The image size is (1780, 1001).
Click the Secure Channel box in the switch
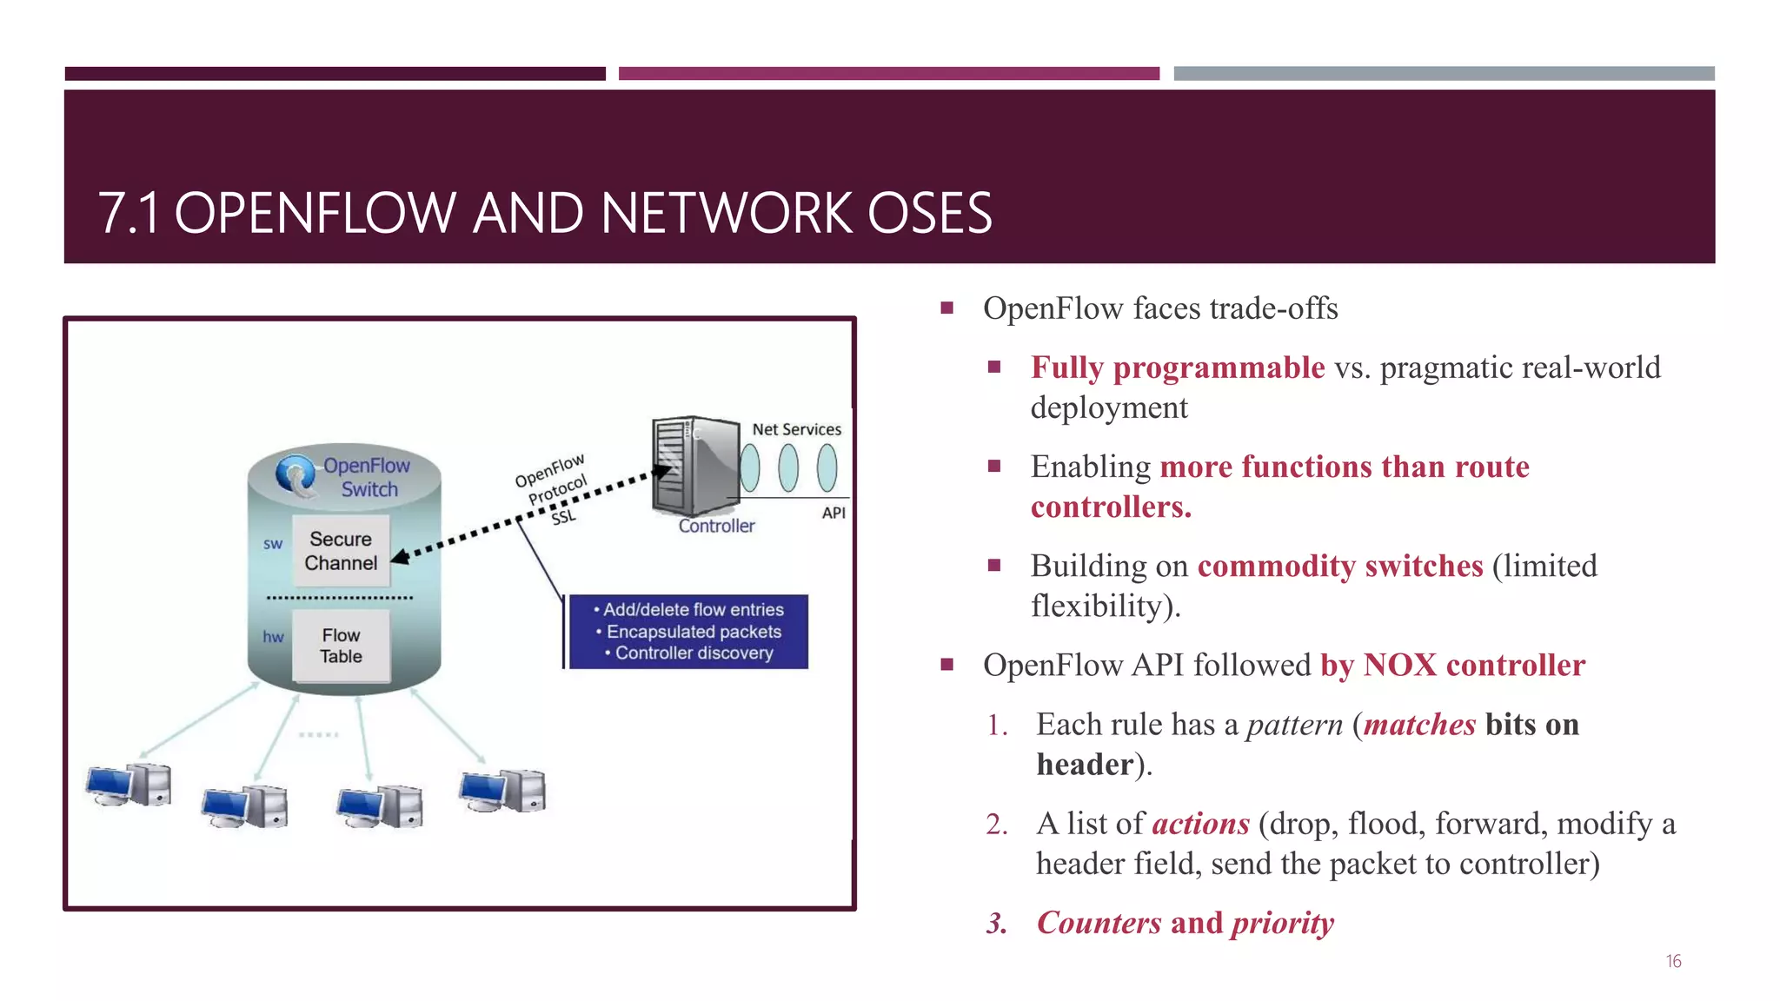point(341,551)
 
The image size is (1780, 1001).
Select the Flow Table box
point(341,646)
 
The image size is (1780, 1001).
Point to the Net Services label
point(796,429)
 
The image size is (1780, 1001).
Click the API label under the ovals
point(833,513)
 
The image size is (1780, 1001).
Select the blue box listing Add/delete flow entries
point(687,632)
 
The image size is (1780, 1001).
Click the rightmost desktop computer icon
point(502,790)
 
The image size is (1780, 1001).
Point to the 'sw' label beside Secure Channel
point(273,544)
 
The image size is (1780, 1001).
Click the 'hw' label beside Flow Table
point(273,637)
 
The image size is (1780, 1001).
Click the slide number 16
point(1673,961)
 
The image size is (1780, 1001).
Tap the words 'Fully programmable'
point(1177,368)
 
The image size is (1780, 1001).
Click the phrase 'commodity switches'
point(1339,566)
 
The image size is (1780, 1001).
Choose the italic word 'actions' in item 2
point(1200,823)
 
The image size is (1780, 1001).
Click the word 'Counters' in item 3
point(1099,922)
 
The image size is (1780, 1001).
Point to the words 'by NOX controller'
point(1452,665)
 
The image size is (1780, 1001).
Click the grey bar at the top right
point(1444,74)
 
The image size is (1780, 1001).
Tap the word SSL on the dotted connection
point(563,517)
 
